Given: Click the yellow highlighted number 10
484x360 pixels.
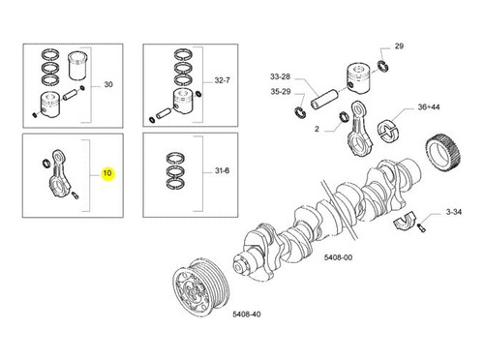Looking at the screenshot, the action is click(107, 173).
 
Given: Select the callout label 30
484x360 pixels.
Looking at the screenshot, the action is click(108, 84).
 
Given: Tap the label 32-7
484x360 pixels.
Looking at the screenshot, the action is click(223, 80).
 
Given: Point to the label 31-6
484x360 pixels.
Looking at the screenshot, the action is click(223, 170).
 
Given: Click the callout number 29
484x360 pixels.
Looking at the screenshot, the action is click(399, 46).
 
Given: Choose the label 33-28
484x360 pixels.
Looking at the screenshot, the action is click(280, 76).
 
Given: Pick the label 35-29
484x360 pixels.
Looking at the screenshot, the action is click(281, 92).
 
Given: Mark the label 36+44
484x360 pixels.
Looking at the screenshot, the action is click(429, 107).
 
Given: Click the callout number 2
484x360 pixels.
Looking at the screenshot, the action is click(317, 129).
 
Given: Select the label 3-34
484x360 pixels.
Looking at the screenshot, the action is click(454, 212).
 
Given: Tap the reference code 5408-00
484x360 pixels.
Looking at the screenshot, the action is click(338, 257).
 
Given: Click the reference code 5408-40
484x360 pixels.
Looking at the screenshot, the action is click(247, 314).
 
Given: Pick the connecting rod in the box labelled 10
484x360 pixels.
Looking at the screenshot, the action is click(60, 172).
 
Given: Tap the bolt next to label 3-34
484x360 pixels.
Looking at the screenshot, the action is click(422, 227).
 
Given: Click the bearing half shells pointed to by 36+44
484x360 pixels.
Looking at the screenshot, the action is click(389, 130).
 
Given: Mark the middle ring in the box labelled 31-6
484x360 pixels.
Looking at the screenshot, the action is click(175, 170).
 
